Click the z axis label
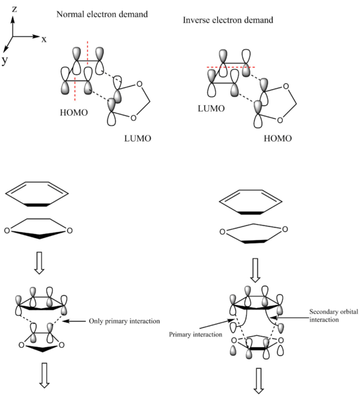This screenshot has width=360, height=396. tap(15, 9)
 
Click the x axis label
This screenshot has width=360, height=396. tap(44, 40)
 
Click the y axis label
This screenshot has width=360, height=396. tap(5, 61)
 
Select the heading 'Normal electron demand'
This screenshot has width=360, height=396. tap(102, 14)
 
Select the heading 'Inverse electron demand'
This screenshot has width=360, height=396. tap(228, 20)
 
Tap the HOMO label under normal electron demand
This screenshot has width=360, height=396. tap(74, 112)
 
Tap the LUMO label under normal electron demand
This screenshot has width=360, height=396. tap(138, 138)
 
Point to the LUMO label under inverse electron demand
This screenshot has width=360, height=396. tap(211, 108)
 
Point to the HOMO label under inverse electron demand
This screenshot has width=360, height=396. tap(277, 138)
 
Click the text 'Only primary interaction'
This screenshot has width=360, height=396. tap(124, 321)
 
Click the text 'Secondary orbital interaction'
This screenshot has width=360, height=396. tap(334, 316)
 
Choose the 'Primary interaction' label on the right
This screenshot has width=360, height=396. tap(196, 335)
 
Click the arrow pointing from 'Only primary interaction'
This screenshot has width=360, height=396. tap(74, 321)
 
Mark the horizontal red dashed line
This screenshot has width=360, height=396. tap(231, 67)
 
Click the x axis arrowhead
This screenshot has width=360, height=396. tap(36, 36)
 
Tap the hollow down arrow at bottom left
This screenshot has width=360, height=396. tap(45, 376)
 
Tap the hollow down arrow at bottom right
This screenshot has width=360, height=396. tap(258, 381)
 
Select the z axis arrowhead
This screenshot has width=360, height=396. tap(13, 19)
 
